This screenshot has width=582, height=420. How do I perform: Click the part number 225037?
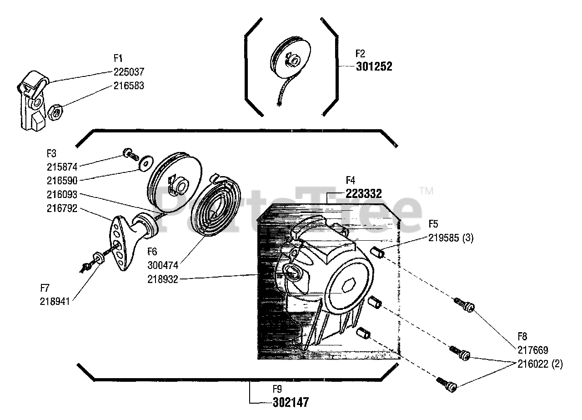click(129, 72)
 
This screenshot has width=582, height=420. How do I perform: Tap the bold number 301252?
click(373, 67)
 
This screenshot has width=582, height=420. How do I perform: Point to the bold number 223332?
click(363, 193)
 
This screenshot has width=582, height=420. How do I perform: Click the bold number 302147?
click(291, 403)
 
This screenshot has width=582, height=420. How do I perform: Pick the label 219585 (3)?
click(451, 238)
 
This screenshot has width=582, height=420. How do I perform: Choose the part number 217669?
click(532, 350)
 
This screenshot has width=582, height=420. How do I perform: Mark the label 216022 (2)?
click(540, 364)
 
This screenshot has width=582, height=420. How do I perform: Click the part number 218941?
click(55, 301)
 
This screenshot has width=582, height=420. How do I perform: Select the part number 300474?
click(162, 265)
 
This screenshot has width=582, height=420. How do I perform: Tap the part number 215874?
click(62, 167)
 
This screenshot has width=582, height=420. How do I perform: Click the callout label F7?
click(45, 288)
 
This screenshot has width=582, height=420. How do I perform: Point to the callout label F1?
click(118, 58)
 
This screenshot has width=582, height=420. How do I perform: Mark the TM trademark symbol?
click(426, 191)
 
